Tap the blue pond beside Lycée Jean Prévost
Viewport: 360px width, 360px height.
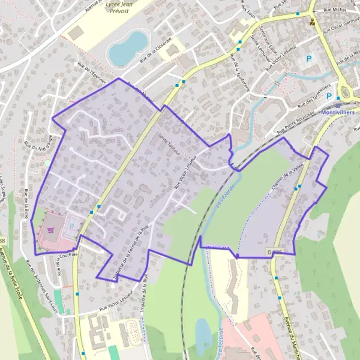pyautogui.click(x=127, y=49)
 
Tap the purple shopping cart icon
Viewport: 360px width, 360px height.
pyautogui.click(x=51, y=229)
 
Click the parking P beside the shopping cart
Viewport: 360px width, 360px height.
pyautogui.click(x=72, y=226)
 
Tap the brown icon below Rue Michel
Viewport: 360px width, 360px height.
pyautogui.click(x=311, y=22)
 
